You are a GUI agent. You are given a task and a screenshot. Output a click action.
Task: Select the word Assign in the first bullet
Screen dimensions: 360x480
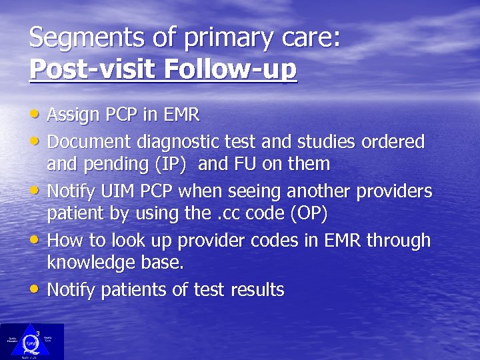point(74,115)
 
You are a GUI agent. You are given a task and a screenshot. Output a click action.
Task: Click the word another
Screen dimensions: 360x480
point(319,191)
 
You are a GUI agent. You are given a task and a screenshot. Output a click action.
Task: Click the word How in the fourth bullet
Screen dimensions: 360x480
point(65,241)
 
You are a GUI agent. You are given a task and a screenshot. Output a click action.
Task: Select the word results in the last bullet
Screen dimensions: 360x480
point(257,290)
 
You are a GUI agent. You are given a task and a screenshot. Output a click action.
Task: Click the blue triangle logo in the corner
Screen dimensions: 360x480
point(31,341)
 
